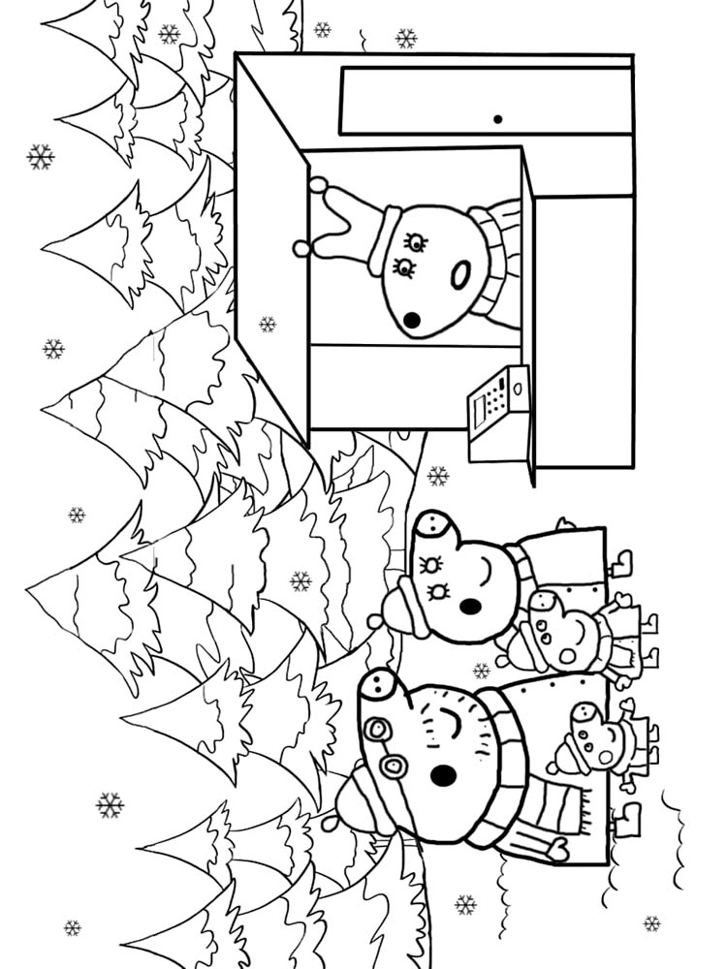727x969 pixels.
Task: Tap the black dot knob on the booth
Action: tap(497, 120)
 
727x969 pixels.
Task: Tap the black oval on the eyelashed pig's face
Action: tap(470, 607)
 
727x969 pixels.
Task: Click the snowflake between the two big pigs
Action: tap(482, 670)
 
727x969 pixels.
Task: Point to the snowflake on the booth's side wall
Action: tap(268, 324)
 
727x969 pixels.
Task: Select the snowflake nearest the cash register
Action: tap(438, 475)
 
